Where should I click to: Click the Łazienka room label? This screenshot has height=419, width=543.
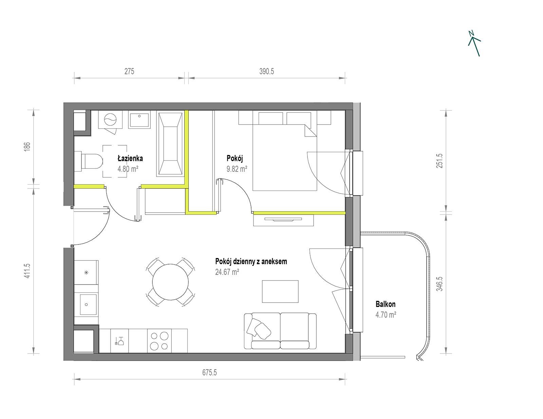(x=130, y=158)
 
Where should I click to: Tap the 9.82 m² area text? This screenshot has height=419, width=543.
(x=237, y=169)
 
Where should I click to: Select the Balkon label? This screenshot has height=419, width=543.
(x=385, y=304)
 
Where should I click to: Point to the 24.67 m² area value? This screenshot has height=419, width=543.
(x=227, y=272)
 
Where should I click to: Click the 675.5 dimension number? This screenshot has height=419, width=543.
(x=209, y=372)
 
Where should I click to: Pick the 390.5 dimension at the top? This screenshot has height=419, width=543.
(x=267, y=72)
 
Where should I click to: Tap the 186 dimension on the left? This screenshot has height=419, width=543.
(x=27, y=146)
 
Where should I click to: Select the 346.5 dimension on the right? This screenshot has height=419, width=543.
(x=439, y=284)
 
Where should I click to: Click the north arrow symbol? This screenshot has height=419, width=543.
(x=474, y=43)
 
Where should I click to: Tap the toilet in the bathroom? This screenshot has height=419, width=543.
(x=89, y=161)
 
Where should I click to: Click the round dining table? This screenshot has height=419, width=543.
(x=170, y=282)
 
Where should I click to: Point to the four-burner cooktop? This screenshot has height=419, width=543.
(x=159, y=341)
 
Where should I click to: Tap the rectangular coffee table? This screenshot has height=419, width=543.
(x=280, y=291)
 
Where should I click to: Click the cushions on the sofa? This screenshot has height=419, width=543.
(x=259, y=328)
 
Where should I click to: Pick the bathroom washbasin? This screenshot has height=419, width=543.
(x=139, y=120)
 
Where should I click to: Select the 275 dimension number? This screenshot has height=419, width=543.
(x=129, y=72)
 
